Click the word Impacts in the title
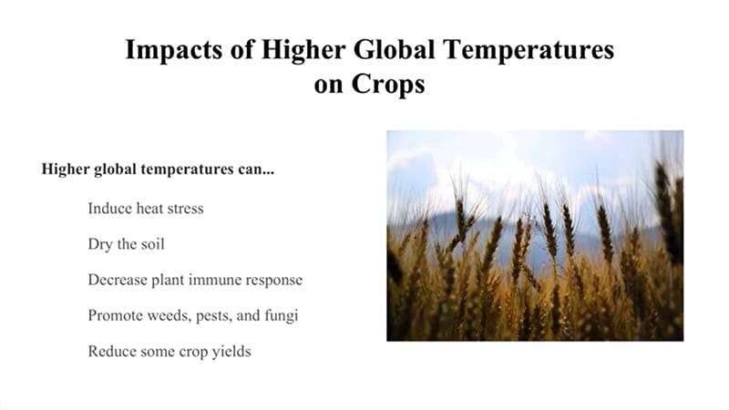[x=173, y=50]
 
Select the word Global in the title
[x=395, y=49]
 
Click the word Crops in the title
[x=388, y=85]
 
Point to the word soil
[x=152, y=244]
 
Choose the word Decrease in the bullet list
[x=118, y=280]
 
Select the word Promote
[x=116, y=315]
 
